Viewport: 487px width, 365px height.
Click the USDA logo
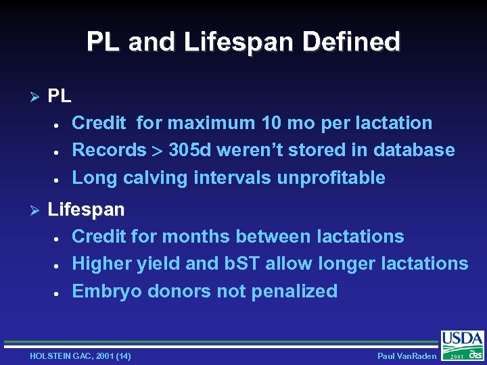coord(463,339)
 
